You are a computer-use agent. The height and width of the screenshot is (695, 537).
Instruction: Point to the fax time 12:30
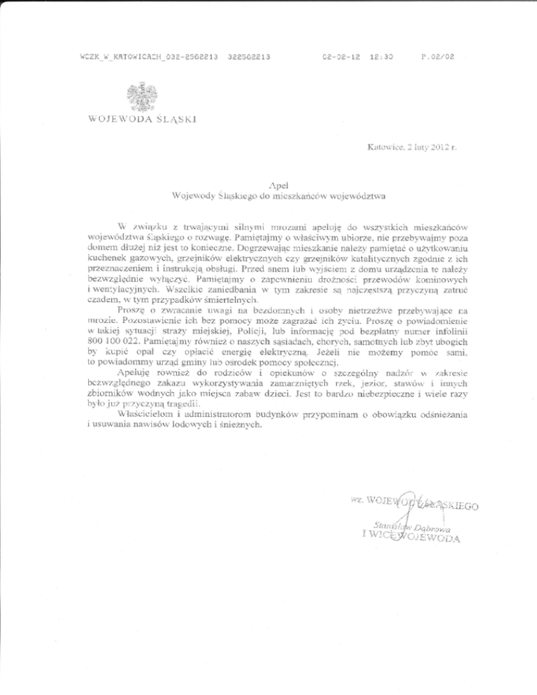382,55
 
